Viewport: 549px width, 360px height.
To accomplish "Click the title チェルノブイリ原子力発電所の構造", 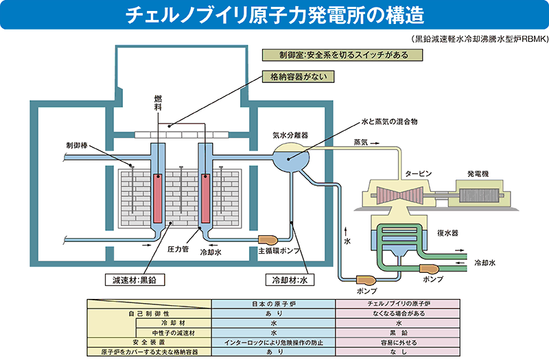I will pyautogui.click(x=274, y=14).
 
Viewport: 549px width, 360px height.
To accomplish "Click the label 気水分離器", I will pyautogui.click(x=290, y=135).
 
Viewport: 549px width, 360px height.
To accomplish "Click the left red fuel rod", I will pyautogui.click(x=158, y=196).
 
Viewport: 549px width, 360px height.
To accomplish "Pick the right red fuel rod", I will pyautogui.click(x=206, y=196).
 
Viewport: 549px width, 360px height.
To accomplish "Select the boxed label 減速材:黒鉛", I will pyautogui.click(x=139, y=280).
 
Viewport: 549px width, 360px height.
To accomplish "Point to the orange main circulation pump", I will pyautogui.click(x=267, y=239).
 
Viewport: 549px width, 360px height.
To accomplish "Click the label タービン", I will pyautogui.click(x=418, y=174).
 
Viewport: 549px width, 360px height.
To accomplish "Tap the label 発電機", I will pyautogui.click(x=478, y=174).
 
